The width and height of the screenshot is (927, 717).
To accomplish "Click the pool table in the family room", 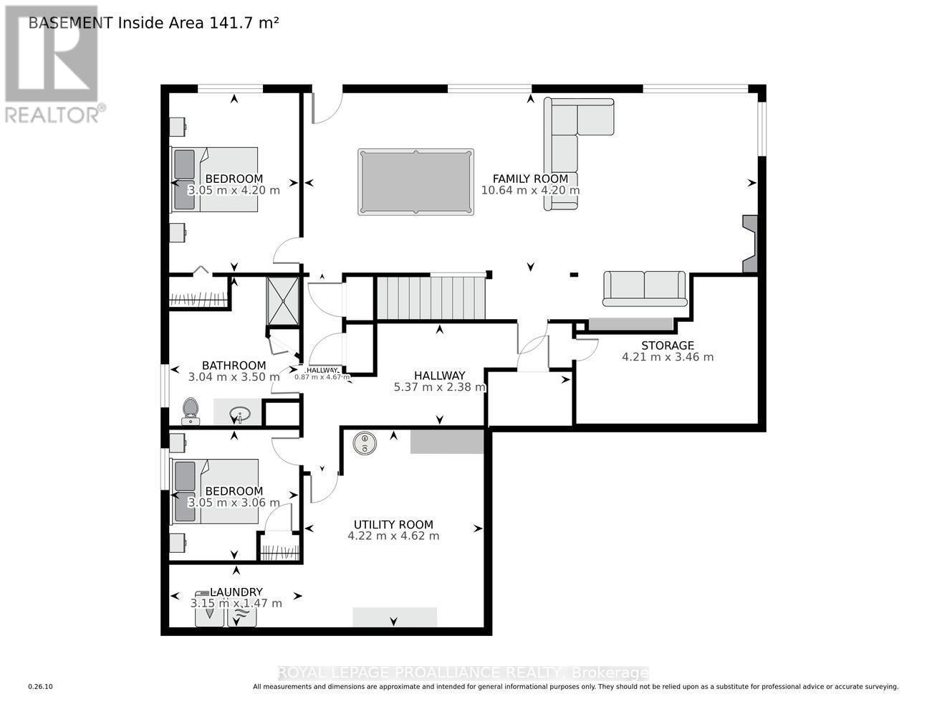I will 416,181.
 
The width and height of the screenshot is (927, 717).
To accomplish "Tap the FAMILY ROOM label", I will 529,179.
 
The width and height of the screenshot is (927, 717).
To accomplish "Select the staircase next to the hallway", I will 431,298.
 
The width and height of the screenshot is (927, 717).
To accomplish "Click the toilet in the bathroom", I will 190,411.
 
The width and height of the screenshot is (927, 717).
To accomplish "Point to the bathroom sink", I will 240,414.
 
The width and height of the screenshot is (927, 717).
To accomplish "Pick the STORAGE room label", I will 667,346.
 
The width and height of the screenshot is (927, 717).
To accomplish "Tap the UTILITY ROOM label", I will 393,524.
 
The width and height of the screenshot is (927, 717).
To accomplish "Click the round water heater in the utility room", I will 365,443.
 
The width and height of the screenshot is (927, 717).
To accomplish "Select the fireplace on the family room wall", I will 749,244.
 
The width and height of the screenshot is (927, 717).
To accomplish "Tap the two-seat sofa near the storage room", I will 645,288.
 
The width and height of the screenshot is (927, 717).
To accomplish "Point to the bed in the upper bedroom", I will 214,179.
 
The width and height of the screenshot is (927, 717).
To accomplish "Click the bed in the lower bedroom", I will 214,491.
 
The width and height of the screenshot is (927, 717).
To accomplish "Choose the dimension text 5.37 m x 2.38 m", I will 439,387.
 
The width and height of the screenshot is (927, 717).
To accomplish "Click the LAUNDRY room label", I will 236,592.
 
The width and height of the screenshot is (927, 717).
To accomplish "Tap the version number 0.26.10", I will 40,687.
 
